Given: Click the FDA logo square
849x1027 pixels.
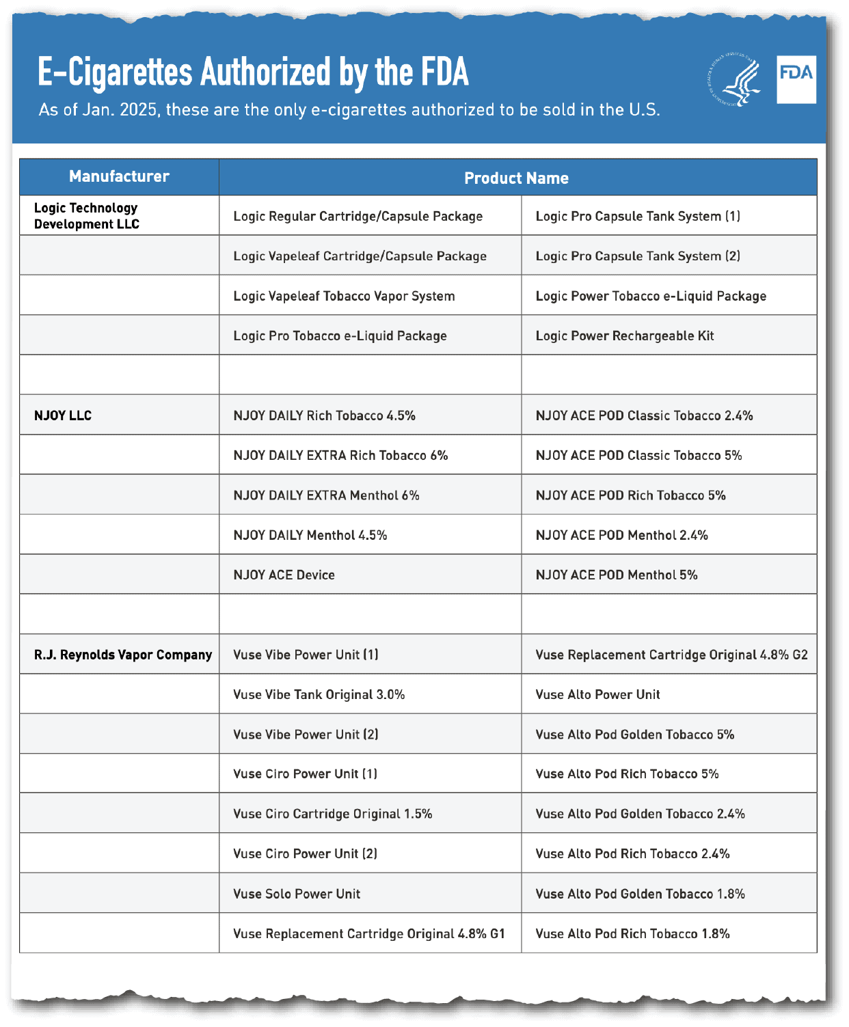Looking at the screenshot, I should pyautogui.click(x=796, y=79).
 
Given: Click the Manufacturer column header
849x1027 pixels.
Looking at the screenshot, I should pyautogui.click(x=119, y=176).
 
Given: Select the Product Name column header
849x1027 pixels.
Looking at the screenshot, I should pyautogui.click(x=516, y=178).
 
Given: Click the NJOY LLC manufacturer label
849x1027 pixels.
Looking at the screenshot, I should pyautogui.click(x=63, y=415).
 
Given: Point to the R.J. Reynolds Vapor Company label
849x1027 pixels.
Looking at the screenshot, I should pyautogui.click(x=123, y=655).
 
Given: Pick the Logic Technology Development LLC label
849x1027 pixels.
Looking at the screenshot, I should pyautogui.click(x=86, y=216).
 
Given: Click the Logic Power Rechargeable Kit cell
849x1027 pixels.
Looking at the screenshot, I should pyautogui.click(x=625, y=336).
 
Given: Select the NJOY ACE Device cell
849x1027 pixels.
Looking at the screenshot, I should pyautogui.click(x=284, y=575).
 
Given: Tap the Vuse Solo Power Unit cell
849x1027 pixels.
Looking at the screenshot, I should pyautogui.click(x=297, y=894).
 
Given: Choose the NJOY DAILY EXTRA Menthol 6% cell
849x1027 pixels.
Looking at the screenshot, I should pyautogui.click(x=327, y=495).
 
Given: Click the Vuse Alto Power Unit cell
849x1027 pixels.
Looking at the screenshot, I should pyautogui.click(x=598, y=694).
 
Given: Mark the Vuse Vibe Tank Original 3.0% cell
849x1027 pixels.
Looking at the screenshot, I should pyautogui.click(x=319, y=694).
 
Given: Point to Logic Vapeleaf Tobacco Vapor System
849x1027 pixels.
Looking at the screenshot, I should pyautogui.click(x=344, y=296).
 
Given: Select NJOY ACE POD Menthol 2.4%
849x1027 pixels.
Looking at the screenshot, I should pyautogui.click(x=622, y=535).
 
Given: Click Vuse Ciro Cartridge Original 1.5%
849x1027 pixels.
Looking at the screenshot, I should pyautogui.click(x=333, y=814).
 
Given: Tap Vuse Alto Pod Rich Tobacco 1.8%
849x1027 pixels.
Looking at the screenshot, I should pyautogui.click(x=633, y=933).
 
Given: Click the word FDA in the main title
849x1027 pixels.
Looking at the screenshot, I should pyautogui.click(x=444, y=72).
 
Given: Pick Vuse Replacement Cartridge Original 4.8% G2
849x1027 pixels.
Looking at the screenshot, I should pyautogui.click(x=672, y=655).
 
